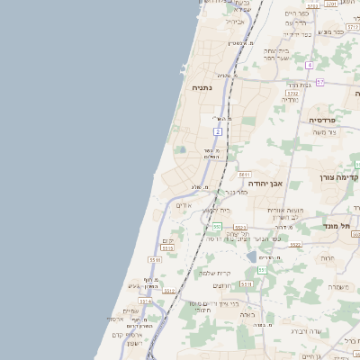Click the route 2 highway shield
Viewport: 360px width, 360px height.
pyautogui.click(x=218, y=131)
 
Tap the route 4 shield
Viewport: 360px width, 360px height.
pyautogui.click(x=309, y=66)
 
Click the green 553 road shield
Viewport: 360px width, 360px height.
pyautogui.click(x=216, y=226)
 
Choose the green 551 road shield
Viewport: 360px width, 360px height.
pyautogui.click(x=262, y=269)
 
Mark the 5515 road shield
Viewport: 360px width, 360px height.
pyautogui.click(x=155, y=259)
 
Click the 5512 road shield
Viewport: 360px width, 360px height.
pyautogui.click(x=169, y=292)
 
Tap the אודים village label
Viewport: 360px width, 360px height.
pyautogui.click(x=184, y=206)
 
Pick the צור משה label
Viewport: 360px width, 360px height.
pyautogui.click(x=324, y=132)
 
